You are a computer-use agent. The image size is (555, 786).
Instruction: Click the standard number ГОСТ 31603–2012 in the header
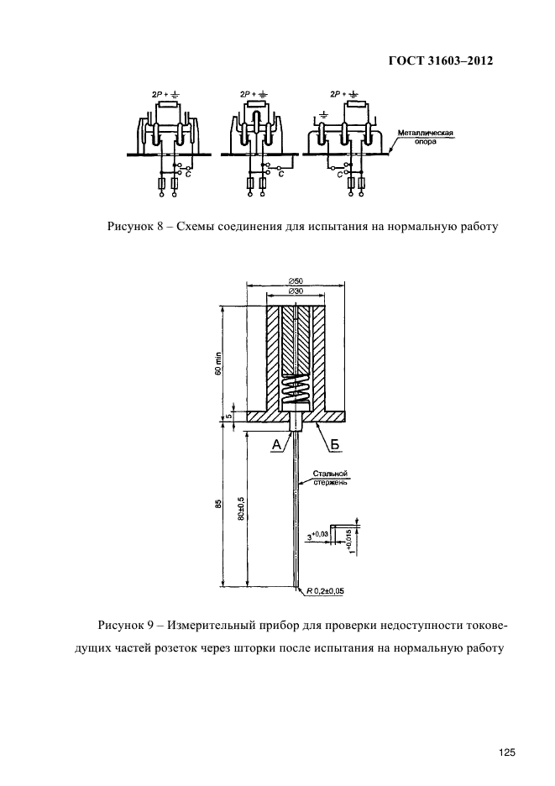[x=439, y=61]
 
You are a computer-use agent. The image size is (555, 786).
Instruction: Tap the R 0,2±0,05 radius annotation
[x=325, y=591]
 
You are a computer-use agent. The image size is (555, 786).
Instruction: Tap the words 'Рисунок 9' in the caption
[x=125, y=626]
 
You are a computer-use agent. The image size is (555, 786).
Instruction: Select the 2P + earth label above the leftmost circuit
[x=161, y=95]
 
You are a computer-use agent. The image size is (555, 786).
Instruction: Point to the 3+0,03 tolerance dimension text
[x=320, y=534]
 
